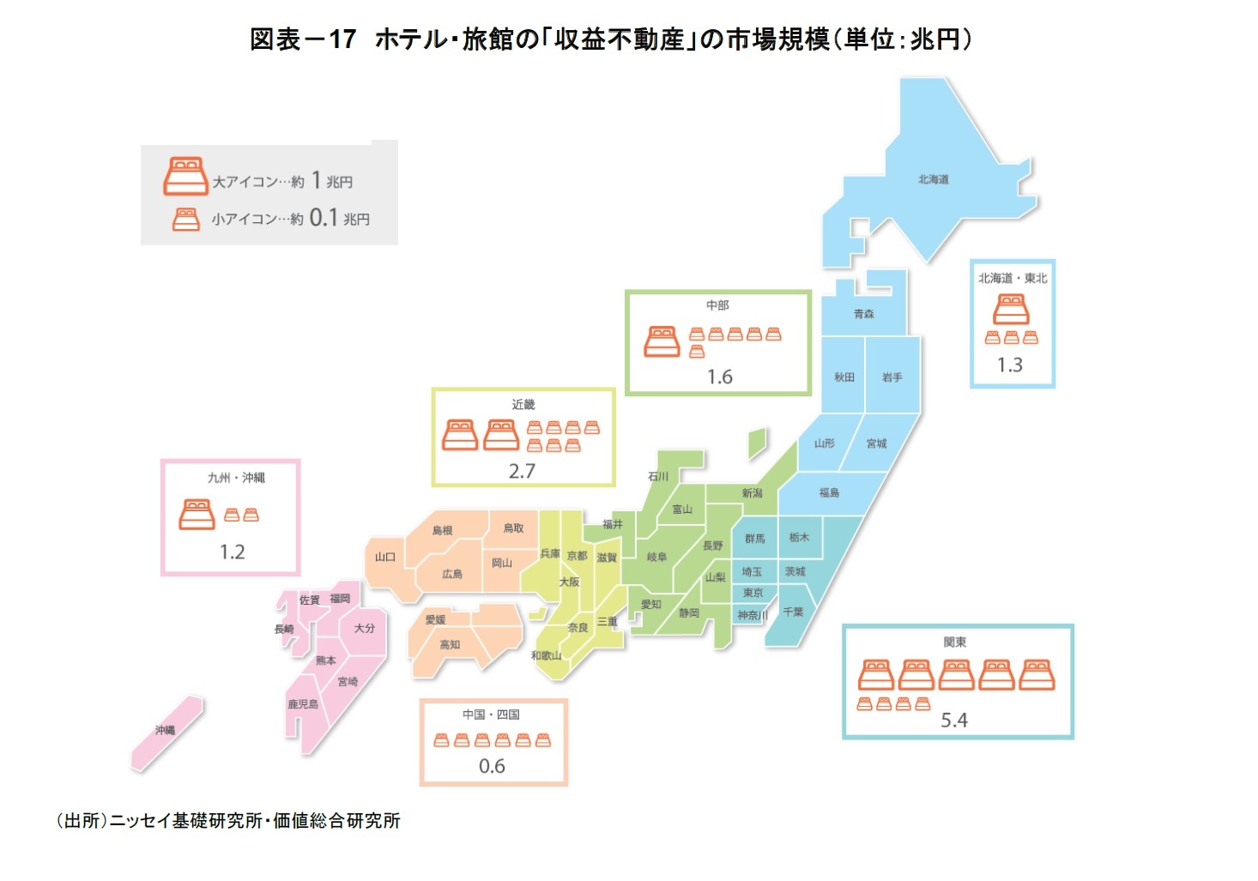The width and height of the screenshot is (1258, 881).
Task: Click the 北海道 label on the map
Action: pos(933,179)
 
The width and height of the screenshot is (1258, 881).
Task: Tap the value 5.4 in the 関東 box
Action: pos(953,720)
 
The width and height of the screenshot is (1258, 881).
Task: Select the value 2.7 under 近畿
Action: pos(522,471)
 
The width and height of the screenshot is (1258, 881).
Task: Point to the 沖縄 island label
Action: pos(165,730)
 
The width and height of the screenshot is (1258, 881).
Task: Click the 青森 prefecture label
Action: pos(863,314)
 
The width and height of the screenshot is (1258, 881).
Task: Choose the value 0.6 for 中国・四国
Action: pos(492,766)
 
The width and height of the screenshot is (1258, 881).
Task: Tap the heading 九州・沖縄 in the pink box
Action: pos(236,478)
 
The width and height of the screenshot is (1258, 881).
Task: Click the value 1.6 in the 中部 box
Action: pos(719,377)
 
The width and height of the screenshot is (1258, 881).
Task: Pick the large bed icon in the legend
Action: pos(185,177)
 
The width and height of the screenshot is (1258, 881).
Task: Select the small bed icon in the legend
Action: pos(185,220)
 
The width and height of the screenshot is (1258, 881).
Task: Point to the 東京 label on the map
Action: pos(753,593)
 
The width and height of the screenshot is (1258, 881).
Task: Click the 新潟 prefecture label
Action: pos(752,492)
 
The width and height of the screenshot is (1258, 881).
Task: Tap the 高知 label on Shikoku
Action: pos(450,644)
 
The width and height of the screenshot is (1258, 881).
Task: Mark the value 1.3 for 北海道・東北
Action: pos(1010,365)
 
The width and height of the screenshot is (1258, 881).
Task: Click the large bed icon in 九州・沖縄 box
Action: pos(197,514)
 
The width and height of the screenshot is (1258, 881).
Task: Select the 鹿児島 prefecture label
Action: pos(303,704)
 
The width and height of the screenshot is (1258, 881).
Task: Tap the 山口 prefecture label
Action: pos(385,557)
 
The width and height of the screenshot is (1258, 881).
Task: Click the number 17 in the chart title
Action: pos(342,39)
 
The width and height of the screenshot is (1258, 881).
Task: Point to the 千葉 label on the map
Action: pos(793,612)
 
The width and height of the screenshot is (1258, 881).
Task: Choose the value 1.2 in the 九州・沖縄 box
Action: pos(232,552)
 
